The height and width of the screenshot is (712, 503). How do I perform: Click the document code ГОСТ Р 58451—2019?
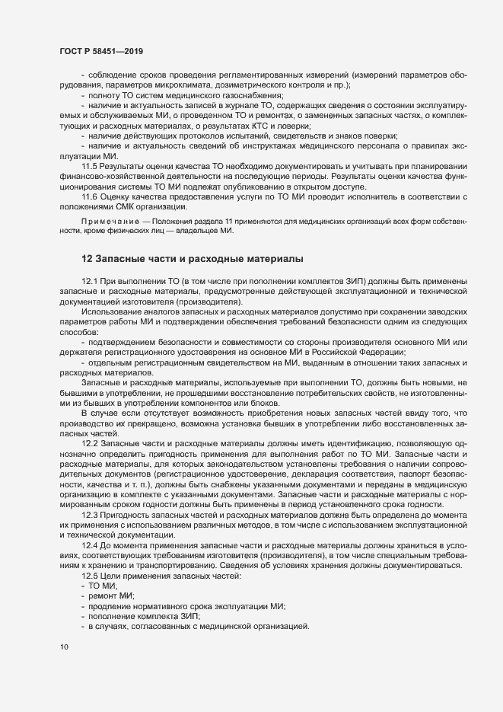tap(100, 51)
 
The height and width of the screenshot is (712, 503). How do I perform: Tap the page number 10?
tap(64, 648)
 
